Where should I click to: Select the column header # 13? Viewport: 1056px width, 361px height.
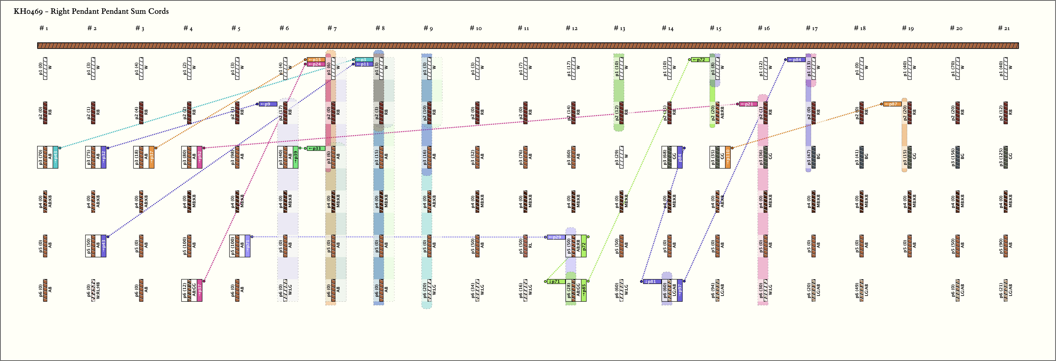click(x=619, y=28)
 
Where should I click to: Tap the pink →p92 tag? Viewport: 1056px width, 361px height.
click(x=200, y=157)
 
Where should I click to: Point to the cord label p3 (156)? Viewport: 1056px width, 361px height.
click(x=953, y=157)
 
